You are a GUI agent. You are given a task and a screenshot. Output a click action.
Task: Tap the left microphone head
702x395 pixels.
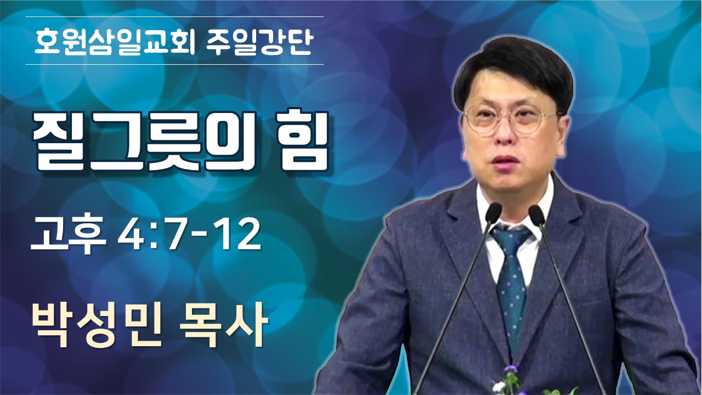coord(493,214)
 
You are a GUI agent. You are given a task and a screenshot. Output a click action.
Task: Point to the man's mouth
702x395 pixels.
coord(500,160)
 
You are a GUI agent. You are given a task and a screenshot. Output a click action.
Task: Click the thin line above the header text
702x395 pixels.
coord(174,16)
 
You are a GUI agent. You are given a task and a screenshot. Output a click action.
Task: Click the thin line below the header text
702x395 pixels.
coord(174,65)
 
